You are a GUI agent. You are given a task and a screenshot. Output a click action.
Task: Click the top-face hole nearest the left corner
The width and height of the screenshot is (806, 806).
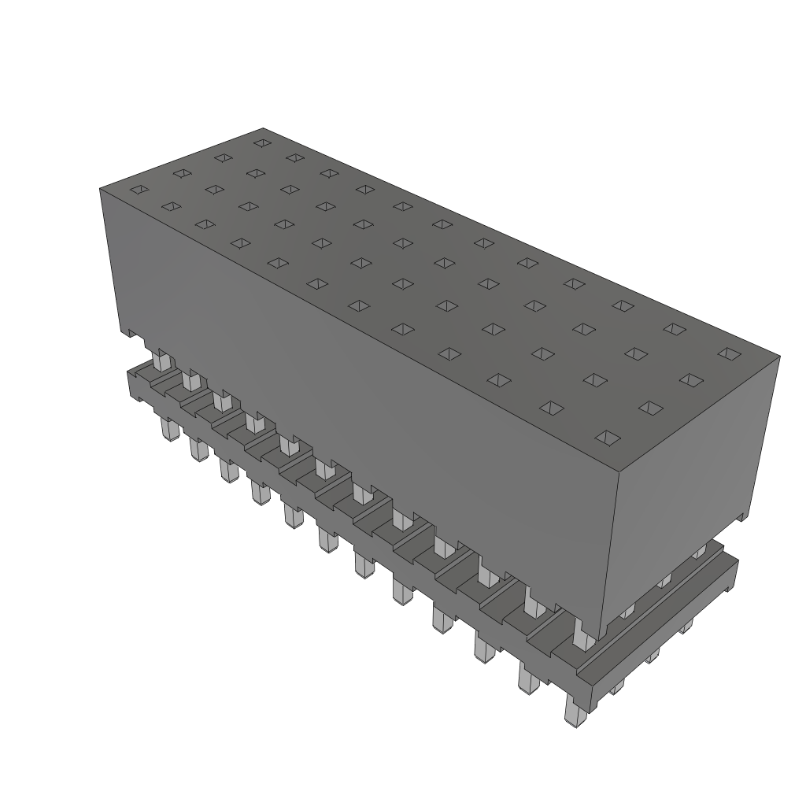[139, 190]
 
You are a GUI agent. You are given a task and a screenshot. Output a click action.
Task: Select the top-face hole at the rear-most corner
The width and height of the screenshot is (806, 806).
[262, 143]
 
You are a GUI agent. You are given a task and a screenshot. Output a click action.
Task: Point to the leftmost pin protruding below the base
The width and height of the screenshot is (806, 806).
[167, 429]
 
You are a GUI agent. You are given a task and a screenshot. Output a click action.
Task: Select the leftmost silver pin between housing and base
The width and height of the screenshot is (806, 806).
[161, 360]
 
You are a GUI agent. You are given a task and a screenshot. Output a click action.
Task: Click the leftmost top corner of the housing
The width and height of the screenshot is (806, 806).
[101, 189]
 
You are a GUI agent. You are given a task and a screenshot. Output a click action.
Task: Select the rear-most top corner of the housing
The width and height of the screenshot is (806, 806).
[263, 128]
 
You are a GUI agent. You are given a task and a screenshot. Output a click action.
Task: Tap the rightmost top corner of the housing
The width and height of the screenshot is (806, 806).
[779, 356]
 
